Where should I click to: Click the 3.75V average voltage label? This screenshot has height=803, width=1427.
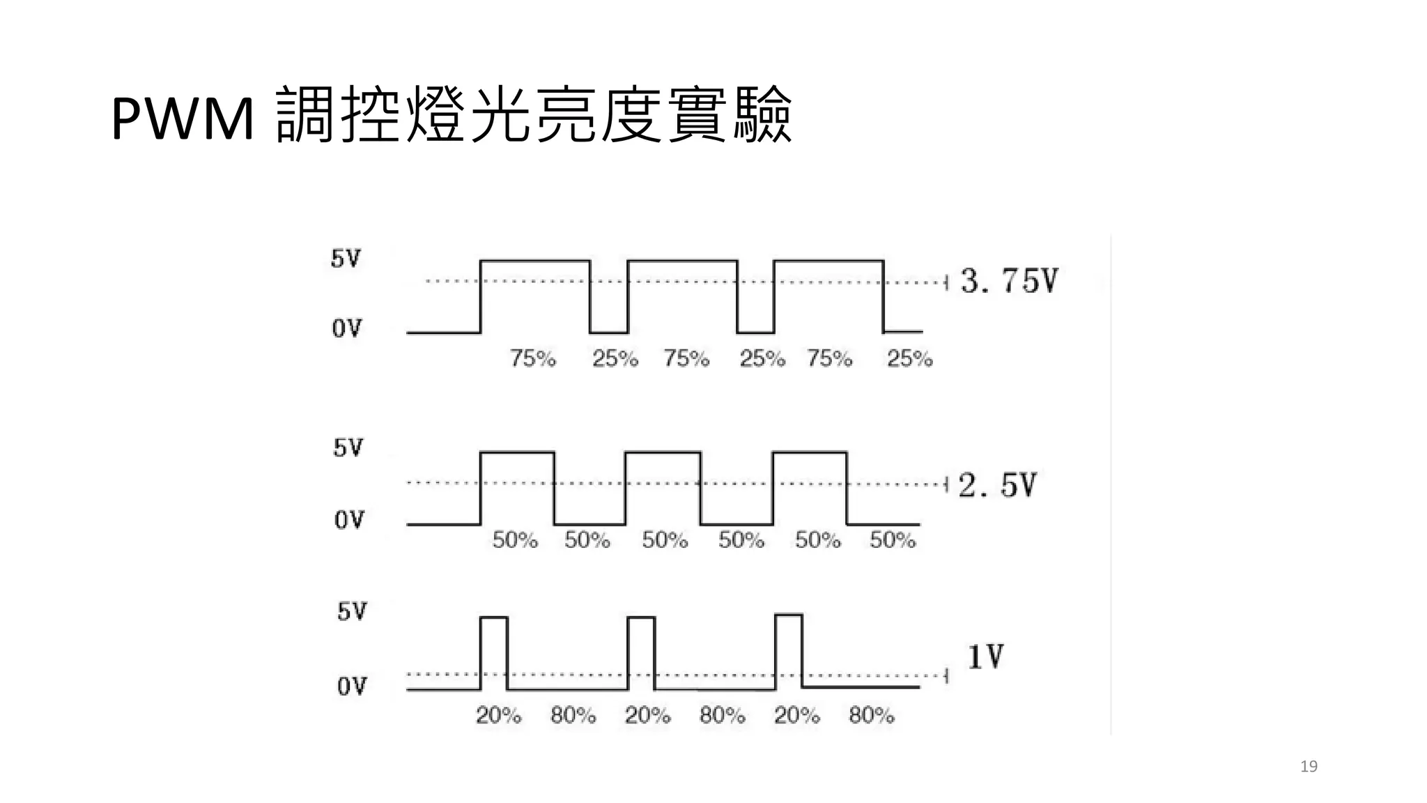tap(1008, 281)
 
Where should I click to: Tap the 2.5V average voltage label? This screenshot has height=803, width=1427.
tap(997, 485)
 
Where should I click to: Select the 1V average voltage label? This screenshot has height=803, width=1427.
tap(985, 657)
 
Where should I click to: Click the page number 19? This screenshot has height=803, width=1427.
tap(1309, 767)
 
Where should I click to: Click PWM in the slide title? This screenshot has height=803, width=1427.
tap(183, 119)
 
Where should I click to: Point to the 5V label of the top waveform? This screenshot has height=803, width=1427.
tap(346, 259)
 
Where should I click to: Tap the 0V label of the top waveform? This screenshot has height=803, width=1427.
tap(347, 328)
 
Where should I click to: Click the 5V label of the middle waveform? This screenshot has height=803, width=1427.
tap(348, 448)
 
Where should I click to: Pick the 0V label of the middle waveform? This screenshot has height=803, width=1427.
tap(349, 520)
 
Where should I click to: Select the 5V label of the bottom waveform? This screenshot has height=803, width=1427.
tap(352, 612)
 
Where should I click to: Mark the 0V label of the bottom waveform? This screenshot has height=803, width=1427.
tap(352, 687)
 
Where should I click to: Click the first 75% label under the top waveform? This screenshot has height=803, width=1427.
tap(533, 358)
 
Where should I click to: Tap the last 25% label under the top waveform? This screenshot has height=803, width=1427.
tap(909, 358)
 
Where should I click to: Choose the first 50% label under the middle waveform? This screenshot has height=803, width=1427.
tap(515, 540)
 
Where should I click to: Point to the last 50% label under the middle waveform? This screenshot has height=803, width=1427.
tap(892, 540)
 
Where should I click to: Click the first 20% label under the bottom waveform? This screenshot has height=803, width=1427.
tap(498, 715)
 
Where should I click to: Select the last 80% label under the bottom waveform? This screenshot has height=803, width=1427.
tap(871, 715)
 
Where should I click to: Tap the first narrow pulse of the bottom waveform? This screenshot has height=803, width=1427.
tap(494, 652)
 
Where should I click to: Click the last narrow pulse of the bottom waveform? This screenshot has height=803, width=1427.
tap(789, 650)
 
